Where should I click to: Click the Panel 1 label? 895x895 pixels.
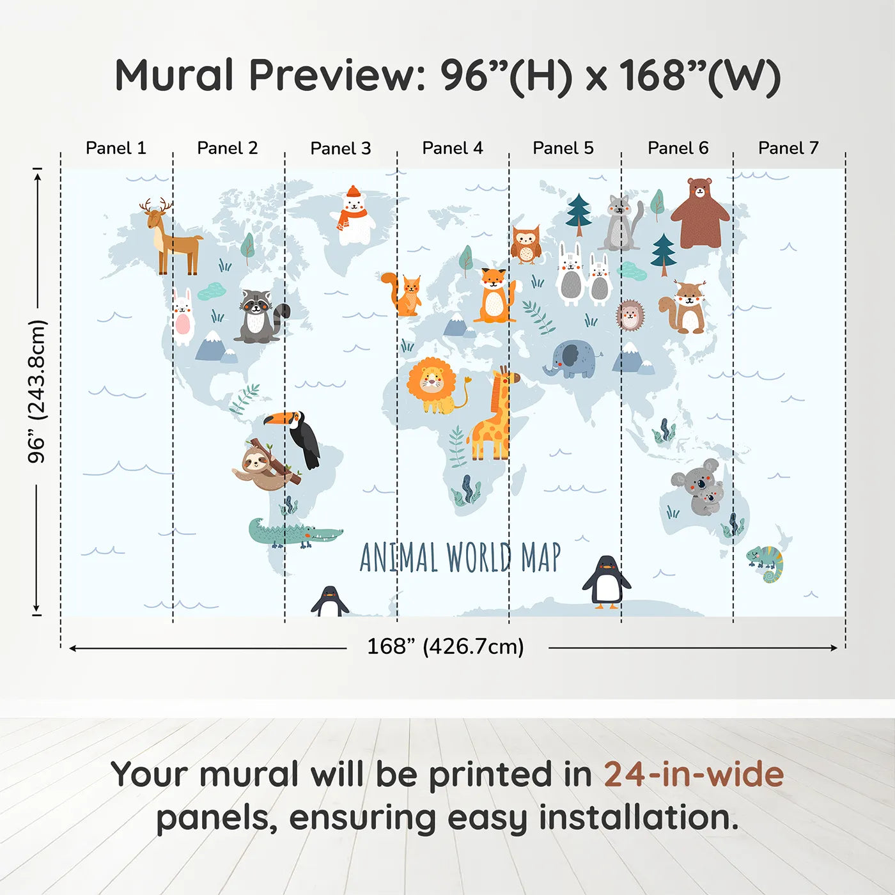[116, 148]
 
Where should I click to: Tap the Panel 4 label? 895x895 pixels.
[452, 148]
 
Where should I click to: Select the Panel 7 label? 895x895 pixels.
[788, 148]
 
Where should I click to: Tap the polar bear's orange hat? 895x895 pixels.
[353, 191]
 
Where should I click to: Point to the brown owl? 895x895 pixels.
[525, 244]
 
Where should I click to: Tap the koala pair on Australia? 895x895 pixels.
[699, 486]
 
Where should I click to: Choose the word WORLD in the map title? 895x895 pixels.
[479, 557]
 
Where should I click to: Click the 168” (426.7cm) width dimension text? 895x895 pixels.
[446, 647]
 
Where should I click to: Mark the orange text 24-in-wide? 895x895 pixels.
[694, 775]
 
